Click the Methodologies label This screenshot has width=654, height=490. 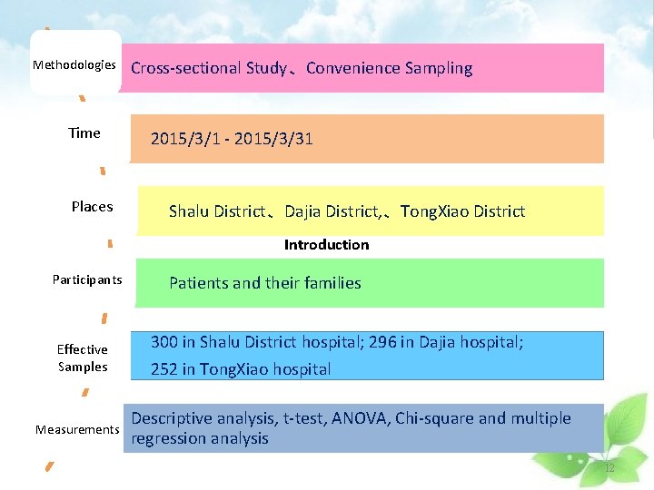[x=74, y=65]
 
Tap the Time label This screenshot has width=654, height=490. [x=84, y=133]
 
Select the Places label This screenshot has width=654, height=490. [x=93, y=207]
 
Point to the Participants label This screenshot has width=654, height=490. [x=87, y=279]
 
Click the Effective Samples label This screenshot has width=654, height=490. [x=83, y=358]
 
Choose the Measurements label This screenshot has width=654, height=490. [x=77, y=429]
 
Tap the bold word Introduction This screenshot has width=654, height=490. [x=326, y=245]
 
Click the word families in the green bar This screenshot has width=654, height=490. [x=332, y=283]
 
